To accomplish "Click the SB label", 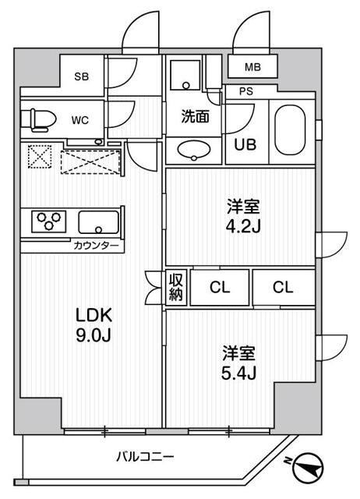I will [x=80, y=76].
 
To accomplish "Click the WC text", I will [x=80, y=121].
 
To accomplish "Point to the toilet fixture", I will [x=39, y=119].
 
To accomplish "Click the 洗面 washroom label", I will [x=194, y=118].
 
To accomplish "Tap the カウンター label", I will [x=96, y=246].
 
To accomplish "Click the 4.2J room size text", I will [x=242, y=227].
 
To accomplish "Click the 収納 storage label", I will [x=175, y=287].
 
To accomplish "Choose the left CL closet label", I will [x=221, y=287].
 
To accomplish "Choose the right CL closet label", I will [x=284, y=287].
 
